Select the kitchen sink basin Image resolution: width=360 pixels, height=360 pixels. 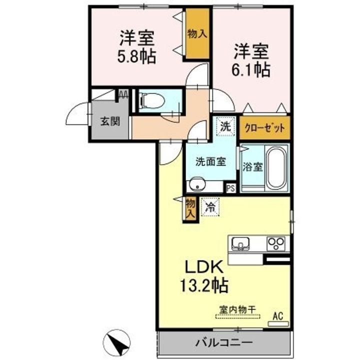click(x=240, y=243)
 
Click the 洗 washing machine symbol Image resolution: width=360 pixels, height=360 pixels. click(x=225, y=126)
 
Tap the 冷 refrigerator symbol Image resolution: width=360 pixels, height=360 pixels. click(x=210, y=207)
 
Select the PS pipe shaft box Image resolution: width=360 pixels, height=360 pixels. click(x=231, y=188)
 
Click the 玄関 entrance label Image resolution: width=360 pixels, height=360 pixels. click(x=110, y=121)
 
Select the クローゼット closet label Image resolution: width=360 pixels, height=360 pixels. click(x=264, y=128)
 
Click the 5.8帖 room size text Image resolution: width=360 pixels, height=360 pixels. click(x=137, y=56)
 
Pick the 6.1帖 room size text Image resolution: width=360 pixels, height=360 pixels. click(x=251, y=69)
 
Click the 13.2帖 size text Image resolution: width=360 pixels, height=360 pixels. click(x=204, y=285)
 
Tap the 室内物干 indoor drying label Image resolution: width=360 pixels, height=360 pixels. click(x=237, y=309)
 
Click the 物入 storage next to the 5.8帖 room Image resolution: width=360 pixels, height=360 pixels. click(x=197, y=34)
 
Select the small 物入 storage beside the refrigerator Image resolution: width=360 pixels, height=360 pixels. click(x=190, y=208)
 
